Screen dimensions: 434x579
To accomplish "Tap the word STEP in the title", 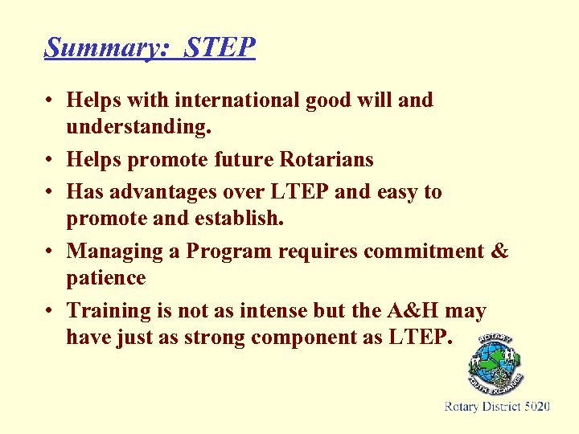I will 220,47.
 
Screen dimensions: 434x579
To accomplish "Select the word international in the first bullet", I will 222,100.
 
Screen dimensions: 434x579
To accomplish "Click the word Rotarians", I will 326,160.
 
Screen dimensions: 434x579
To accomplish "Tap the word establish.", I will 240,219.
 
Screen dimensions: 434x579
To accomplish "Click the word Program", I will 229,252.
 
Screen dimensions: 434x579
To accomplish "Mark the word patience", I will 106,278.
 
